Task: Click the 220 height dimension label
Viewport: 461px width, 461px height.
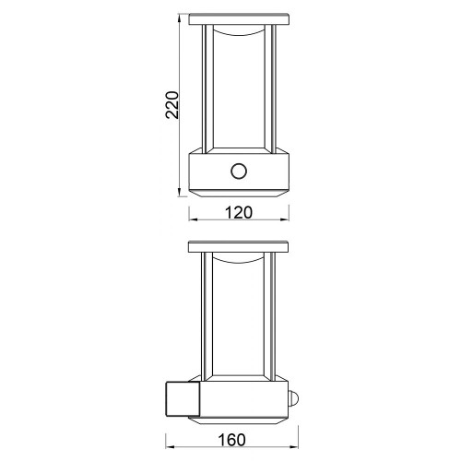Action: click(172, 105)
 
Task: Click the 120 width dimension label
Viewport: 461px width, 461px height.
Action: click(239, 213)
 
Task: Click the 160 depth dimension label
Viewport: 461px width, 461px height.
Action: click(232, 440)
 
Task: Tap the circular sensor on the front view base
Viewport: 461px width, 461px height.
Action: click(239, 171)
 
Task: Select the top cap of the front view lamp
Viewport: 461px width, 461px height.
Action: click(239, 19)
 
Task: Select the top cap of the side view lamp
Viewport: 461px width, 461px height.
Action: click(238, 247)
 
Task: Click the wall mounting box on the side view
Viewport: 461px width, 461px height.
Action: click(183, 399)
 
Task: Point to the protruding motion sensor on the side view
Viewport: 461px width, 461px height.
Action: click(292, 399)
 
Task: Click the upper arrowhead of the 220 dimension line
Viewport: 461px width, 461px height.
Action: click(179, 18)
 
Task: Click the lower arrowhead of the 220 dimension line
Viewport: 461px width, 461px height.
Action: click(179, 192)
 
